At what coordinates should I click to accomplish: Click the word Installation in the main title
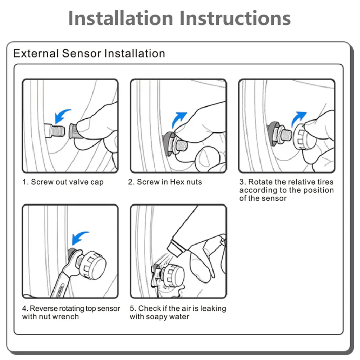click(x=120, y=18)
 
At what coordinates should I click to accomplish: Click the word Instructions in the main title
click(x=235, y=18)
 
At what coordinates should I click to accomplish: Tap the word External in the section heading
click(x=36, y=53)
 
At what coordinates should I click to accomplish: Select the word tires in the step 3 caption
click(x=325, y=182)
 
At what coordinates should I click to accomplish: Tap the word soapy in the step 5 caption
click(x=156, y=317)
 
